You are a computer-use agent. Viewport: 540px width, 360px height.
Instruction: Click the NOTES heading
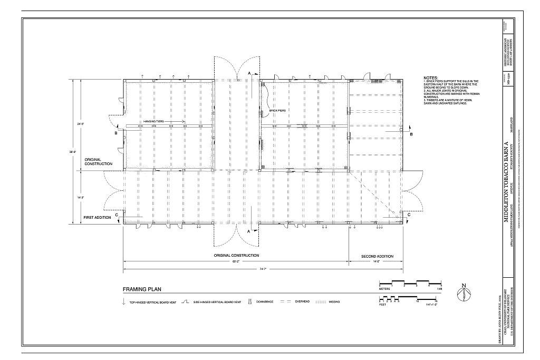[x=431, y=78]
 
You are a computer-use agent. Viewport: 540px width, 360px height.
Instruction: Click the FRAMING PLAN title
[x=142, y=289]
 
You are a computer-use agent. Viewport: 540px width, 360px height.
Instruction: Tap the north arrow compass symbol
[x=464, y=293]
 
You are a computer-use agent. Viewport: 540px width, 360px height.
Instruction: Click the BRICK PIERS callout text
[x=277, y=110]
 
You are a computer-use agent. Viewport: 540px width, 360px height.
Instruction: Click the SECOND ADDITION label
[x=377, y=256]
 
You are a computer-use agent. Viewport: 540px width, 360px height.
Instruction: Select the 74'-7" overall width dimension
[x=263, y=269]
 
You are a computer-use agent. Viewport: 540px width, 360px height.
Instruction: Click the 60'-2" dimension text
[x=236, y=261]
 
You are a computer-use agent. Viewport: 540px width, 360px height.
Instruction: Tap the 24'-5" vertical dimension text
[x=80, y=124]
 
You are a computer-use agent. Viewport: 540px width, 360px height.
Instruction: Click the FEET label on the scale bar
[x=383, y=305]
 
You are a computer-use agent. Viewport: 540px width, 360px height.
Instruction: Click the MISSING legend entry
[x=334, y=301]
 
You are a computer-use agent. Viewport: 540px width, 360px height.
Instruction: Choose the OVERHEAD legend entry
[x=302, y=301]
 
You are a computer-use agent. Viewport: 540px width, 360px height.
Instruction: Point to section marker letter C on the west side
[x=116, y=215]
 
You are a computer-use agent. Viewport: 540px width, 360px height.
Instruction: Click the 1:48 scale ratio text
[x=438, y=289]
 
